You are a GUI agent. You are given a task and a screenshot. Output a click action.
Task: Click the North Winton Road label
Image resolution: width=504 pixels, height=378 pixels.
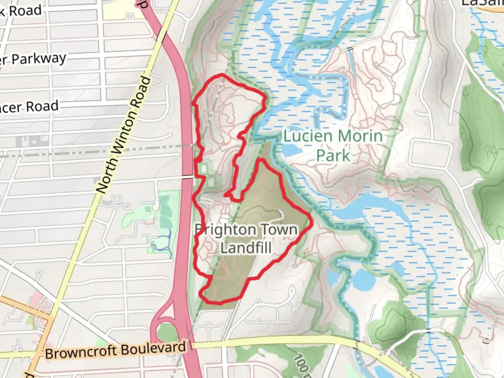[124, 135]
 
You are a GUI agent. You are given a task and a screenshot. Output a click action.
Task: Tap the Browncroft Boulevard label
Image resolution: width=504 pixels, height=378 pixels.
[115, 350]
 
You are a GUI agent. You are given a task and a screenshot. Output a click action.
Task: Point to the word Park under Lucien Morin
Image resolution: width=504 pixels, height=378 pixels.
[333, 155]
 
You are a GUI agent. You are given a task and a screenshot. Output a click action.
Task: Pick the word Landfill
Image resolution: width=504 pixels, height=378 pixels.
[246, 248]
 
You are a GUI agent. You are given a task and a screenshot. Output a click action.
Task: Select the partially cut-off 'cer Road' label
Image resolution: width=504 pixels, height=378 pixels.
[30, 107]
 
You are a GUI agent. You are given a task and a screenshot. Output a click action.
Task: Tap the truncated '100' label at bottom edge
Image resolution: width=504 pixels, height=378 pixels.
[301, 366]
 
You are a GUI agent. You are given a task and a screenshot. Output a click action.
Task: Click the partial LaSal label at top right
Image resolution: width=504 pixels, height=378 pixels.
[483, 3]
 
